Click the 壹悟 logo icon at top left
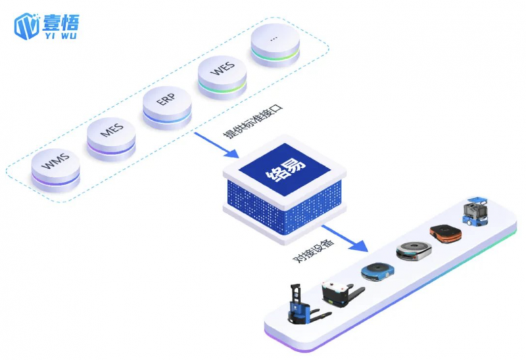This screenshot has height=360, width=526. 27,25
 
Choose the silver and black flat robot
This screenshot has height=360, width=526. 413,250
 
